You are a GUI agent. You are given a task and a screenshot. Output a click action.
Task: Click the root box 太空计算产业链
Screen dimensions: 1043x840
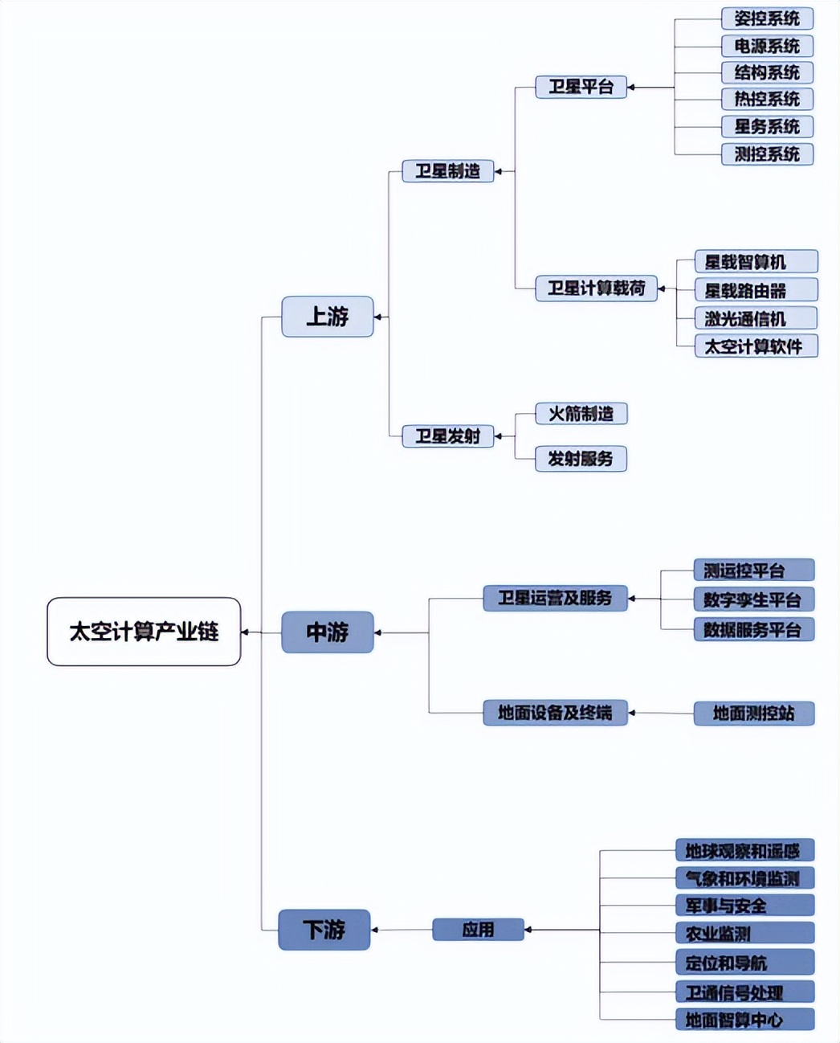coord(144,632)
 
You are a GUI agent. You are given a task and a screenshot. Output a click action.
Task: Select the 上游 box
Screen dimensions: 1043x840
coord(327,317)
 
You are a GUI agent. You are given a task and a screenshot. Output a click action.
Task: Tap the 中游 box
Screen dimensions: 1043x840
coord(327,632)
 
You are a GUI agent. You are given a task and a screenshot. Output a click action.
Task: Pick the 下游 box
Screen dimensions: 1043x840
coord(324,930)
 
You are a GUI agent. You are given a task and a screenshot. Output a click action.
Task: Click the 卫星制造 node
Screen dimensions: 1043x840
coord(447,171)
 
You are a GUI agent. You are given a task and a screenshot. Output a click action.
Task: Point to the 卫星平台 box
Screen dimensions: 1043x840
coord(581,87)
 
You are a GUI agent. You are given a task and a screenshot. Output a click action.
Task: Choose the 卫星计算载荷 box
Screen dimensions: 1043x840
coord(596,288)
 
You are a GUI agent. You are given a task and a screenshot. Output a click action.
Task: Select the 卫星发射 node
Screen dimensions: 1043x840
coord(447,436)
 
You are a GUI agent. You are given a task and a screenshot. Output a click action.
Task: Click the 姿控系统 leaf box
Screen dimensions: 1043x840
coord(767,18)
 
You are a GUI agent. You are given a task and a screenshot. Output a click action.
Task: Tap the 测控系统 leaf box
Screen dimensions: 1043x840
coord(767,154)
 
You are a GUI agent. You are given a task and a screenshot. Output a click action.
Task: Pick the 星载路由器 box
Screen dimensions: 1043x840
coord(756,290)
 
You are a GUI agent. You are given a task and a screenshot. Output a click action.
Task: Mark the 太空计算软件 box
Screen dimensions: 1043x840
coord(756,346)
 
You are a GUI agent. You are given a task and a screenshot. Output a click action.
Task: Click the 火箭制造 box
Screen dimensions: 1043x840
coord(581,414)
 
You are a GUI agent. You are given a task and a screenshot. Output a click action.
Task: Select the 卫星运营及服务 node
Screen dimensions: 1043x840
coord(555,598)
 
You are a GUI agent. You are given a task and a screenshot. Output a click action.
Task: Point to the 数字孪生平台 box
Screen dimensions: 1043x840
coord(753,599)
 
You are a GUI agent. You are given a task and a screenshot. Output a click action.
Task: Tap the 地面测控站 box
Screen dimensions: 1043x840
coord(753,713)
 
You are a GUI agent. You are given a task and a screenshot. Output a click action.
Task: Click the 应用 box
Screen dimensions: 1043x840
coord(478,930)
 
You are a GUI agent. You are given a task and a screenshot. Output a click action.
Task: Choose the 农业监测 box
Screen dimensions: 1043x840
coord(744,934)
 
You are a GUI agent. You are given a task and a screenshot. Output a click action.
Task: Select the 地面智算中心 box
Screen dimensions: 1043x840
coord(744,1020)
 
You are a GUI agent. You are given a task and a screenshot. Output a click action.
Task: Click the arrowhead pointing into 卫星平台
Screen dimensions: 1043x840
coord(631,87)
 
